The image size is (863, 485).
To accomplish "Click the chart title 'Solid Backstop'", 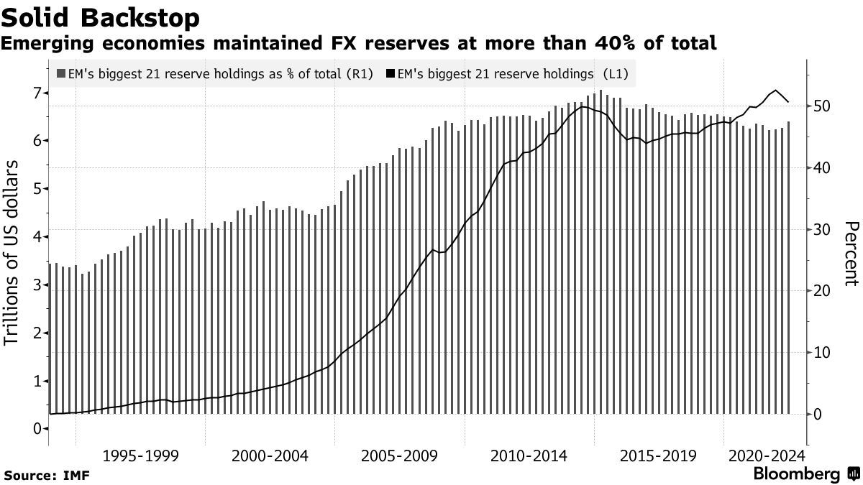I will click(101, 17).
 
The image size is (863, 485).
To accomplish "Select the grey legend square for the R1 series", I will click(61, 73).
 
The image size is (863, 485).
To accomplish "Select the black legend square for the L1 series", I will click(391, 73).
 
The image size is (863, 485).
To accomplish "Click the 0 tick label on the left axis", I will click(35, 429).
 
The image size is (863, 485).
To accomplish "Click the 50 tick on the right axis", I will click(823, 106).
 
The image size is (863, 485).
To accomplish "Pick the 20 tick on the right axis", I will click(823, 291).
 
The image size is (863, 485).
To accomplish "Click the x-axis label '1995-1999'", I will click(140, 456).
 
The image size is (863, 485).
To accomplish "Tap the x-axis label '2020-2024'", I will click(767, 456).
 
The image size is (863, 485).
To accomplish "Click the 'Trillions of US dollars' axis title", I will click(12, 254).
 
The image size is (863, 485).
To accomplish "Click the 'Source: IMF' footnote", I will click(42, 475).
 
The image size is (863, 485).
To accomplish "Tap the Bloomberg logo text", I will click(796, 474).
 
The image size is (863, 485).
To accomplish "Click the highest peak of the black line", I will click(775, 91).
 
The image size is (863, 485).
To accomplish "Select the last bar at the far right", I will click(789, 267).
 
